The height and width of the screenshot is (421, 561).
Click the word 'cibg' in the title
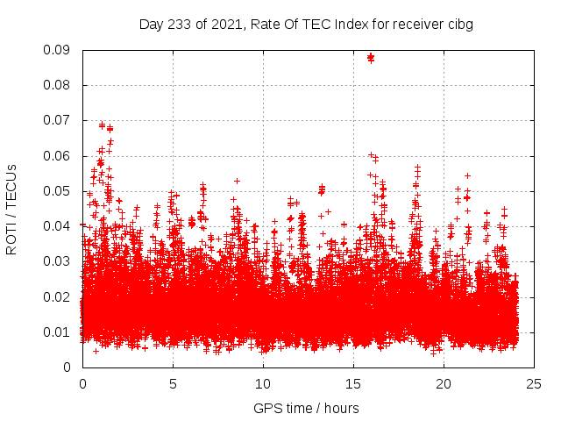point(460,25)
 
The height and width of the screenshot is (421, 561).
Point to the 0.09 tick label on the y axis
point(57,50)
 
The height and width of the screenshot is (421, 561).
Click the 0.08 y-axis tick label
point(57,85)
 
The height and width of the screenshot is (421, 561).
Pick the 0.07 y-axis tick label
point(57,120)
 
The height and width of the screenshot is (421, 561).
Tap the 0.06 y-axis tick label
point(57,156)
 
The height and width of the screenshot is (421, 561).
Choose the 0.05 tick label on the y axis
point(57,191)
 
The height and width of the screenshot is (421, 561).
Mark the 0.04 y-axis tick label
point(57,226)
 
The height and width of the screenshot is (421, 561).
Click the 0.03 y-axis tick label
point(57,261)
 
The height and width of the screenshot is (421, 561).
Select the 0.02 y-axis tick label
point(57,296)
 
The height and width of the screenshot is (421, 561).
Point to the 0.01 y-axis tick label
point(57,332)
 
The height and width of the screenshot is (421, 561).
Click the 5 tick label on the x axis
point(173,383)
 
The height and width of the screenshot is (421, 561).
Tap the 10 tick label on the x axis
point(263,383)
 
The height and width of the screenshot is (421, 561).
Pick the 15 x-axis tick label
point(353,383)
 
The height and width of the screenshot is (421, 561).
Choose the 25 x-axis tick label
point(534,383)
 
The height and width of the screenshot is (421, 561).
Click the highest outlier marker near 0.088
point(371,57)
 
